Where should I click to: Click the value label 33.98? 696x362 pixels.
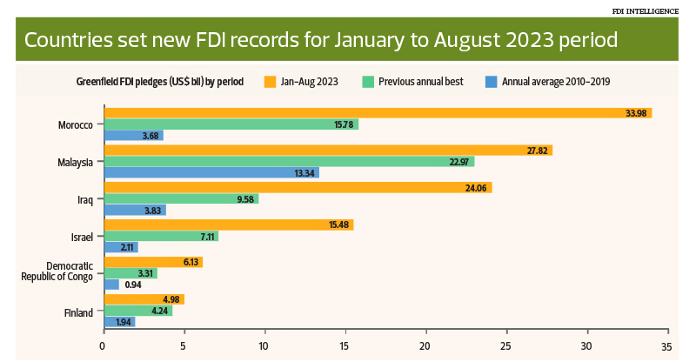point(637,113)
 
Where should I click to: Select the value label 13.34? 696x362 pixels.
point(304,172)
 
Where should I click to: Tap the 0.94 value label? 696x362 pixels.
point(132,285)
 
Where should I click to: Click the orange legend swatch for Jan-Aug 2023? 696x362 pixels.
point(271,82)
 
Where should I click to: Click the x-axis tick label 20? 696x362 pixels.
point(425,345)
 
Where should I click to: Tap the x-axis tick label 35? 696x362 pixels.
point(667,345)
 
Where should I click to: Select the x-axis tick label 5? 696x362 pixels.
point(184,345)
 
